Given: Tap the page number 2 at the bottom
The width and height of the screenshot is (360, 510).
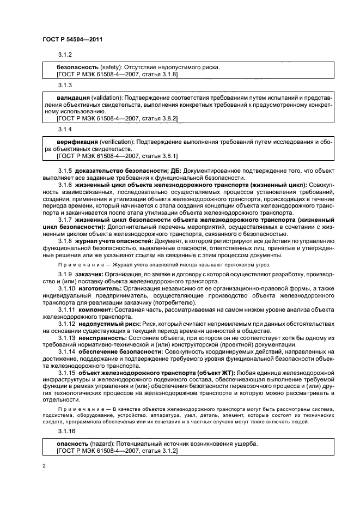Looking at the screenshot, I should point(44,466).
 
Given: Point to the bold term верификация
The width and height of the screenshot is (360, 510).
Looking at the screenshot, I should point(78,141).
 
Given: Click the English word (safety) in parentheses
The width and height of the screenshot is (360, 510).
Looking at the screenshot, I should point(113,67).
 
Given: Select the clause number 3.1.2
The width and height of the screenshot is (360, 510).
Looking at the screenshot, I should point(65,55).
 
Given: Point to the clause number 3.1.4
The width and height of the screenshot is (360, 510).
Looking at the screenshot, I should point(65,130).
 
